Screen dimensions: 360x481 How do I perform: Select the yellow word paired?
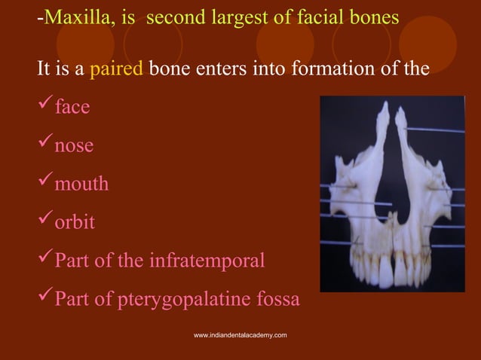(116, 69)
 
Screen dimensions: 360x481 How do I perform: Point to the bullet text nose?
(73, 145)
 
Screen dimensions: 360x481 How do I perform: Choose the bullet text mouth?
(81, 184)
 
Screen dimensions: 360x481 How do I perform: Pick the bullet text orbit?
(74, 222)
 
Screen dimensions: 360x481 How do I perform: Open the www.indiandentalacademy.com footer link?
(240, 334)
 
